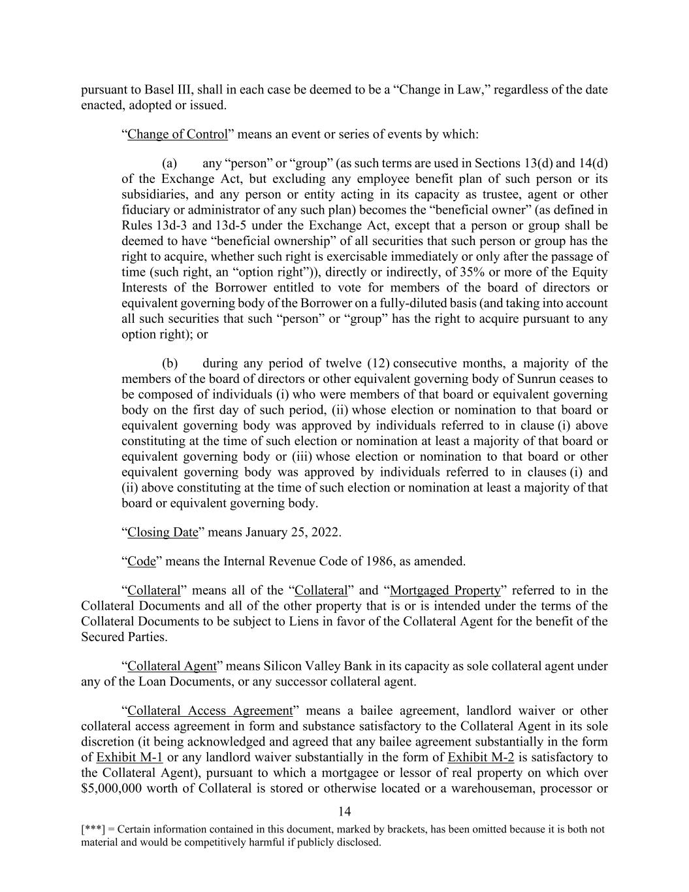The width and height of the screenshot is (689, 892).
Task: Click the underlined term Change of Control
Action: pyautogui.click(x=178, y=135)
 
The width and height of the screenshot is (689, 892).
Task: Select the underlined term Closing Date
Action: pyautogui.click(x=163, y=532)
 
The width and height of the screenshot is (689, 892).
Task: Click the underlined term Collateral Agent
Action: pyautogui.click(x=172, y=667)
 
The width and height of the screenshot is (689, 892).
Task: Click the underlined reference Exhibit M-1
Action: pyautogui.click(x=129, y=758)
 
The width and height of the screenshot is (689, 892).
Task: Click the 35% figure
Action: pyautogui.click(x=471, y=273)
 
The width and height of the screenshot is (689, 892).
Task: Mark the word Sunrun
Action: pyautogui.click(x=560, y=379)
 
